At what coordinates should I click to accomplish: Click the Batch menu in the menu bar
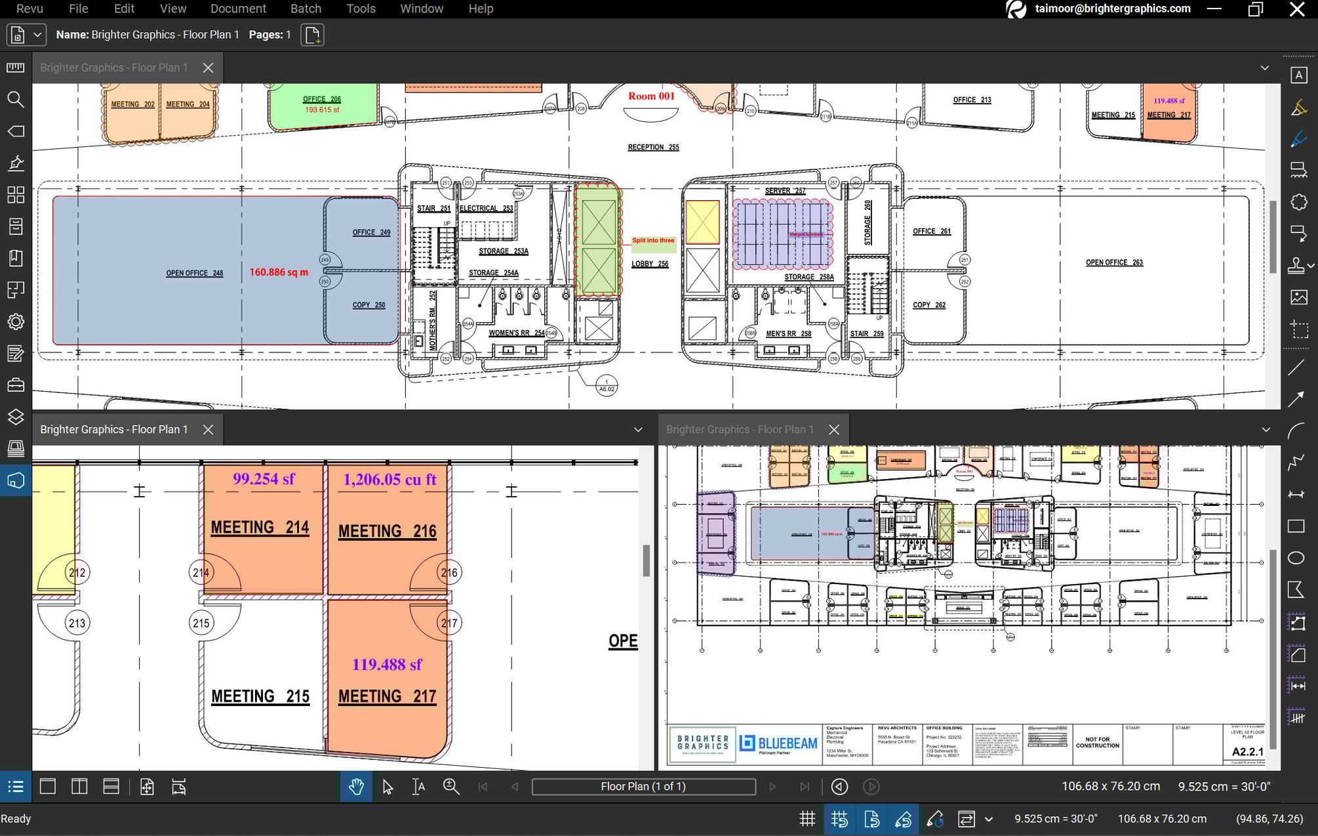(x=306, y=9)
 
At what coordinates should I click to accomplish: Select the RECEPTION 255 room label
(x=652, y=148)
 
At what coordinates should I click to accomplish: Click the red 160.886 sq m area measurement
(x=278, y=272)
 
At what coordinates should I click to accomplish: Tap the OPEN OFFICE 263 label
(x=1113, y=262)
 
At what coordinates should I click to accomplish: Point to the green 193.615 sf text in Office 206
(x=322, y=110)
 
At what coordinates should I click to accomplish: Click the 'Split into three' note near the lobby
(x=652, y=241)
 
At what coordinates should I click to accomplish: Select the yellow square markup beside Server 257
(x=702, y=222)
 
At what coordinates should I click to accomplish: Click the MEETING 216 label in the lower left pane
(x=387, y=532)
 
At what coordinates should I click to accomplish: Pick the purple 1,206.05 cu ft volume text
(x=389, y=480)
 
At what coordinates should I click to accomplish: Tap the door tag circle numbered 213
(x=77, y=623)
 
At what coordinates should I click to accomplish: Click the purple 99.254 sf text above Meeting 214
(x=264, y=479)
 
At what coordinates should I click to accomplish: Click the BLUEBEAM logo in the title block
(x=778, y=743)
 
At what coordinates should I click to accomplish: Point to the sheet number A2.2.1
(x=1247, y=752)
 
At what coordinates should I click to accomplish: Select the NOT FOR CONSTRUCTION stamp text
(x=1097, y=743)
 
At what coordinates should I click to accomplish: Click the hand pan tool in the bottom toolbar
(x=356, y=787)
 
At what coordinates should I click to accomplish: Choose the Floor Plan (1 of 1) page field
(x=643, y=787)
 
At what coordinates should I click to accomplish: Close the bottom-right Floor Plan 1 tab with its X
(x=834, y=430)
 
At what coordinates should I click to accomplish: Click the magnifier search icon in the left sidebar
(x=16, y=100)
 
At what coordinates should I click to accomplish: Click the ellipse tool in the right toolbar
(x=1296, y=558)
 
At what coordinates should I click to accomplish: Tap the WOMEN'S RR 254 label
(x=516, y=333)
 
